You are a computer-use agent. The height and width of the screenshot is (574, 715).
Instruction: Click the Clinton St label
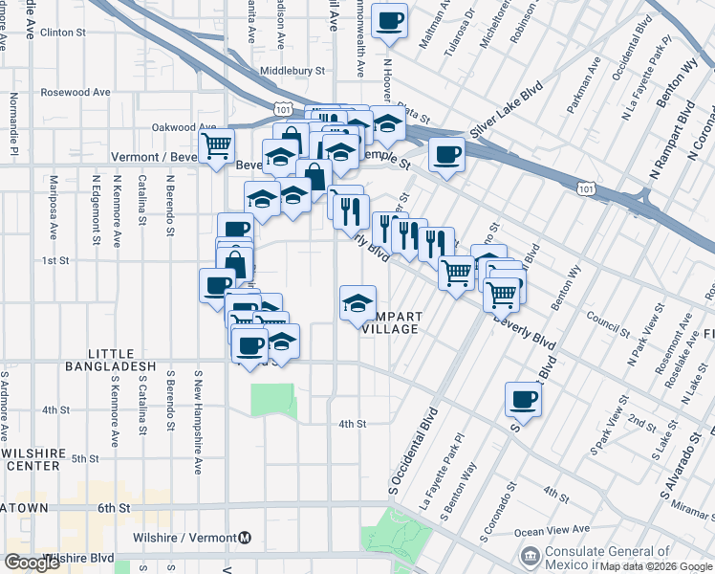tap(64, 33)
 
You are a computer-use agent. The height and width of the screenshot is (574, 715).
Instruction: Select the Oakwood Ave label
tap(184, 127)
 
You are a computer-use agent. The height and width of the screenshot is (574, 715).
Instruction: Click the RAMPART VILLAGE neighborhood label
tap(390, 322)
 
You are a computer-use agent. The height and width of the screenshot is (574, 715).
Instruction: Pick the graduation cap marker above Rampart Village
tap(358, 303)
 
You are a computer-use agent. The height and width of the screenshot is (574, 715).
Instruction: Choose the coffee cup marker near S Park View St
tap(523, 399)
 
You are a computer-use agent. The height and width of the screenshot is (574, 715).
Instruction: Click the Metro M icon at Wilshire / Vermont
tap(246, 539)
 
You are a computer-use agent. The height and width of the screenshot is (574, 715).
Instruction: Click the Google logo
tap(32, 563)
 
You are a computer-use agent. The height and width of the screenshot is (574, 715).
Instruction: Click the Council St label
tap(605, 319)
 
